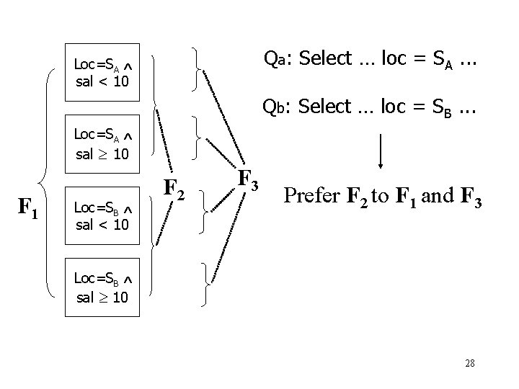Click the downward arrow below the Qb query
(381, 151)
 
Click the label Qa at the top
(273, 58)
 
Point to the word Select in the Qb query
(320, 109)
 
